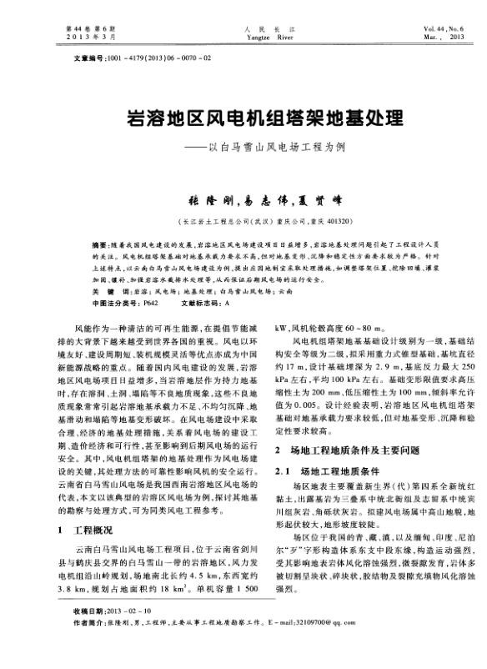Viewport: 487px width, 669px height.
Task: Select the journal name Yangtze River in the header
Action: [243, 37]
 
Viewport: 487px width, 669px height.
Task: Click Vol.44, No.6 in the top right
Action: [443, 29]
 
